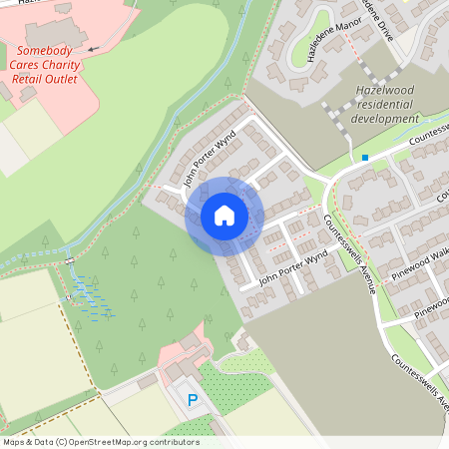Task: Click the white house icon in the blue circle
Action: [224, 216]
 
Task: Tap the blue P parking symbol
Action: [193, 400]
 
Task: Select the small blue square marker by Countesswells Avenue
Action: [365, 157]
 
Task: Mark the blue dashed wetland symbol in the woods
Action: [92, 299]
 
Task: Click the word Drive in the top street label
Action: [385, 34]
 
